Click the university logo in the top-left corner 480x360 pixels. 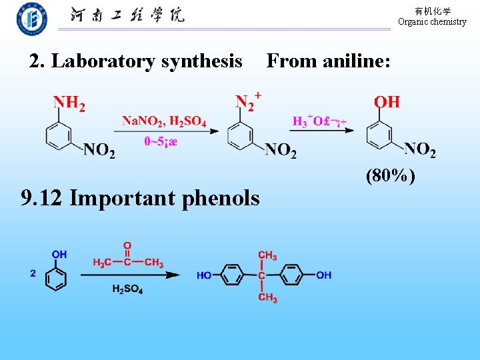point(32,19)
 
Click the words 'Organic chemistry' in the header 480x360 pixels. point(432,21)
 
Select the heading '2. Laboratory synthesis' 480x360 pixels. point(136,61)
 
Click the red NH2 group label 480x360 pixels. point(69,103)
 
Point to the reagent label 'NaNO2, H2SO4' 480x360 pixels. point(164,121)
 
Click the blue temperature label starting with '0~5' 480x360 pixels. point(161,141)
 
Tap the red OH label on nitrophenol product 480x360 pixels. point(387,103)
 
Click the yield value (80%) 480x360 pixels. point(391,176)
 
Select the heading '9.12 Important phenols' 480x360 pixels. point(141,198)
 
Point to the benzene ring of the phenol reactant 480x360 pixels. point(56,277)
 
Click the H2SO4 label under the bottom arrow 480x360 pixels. point(127,289)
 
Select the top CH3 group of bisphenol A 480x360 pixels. point(267,255)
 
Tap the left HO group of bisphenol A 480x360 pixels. point(204,275)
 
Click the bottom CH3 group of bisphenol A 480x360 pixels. point(267,297)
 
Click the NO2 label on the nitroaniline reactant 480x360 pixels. point(99,151)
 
